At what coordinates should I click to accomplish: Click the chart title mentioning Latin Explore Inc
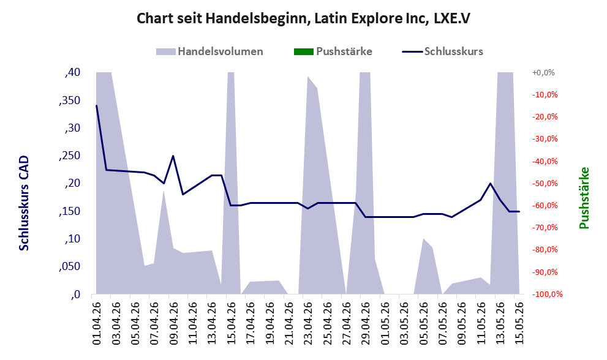[304, 18]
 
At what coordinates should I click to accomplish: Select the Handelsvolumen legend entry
[209, 51]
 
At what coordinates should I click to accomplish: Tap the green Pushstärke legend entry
[333, 51]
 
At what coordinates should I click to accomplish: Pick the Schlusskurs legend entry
[442, 51]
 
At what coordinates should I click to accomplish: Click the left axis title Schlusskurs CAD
[24, 203]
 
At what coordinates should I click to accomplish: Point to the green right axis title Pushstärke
[584, 198]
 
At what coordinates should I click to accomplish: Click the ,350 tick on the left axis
[70, 100]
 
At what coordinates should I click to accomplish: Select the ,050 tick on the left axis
[70, 267]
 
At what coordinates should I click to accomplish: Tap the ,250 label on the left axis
[70, 156]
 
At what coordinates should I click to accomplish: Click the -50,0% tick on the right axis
[545, 183]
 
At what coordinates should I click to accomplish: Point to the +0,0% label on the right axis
[543, 72]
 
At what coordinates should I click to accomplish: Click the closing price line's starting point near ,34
[96, 105]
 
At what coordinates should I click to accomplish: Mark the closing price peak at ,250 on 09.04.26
[173, 156]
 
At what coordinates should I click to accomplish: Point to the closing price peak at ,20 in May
[491, 183]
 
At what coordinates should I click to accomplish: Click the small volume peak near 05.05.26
[423, 239]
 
